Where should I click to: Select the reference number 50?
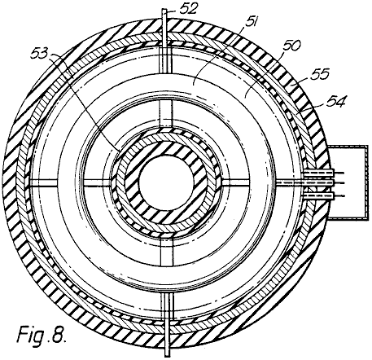pos(291,46)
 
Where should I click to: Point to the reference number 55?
pos(320,74)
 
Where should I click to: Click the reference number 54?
pos(336,102)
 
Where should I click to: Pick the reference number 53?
pos(40,53)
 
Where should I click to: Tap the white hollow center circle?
pos(166,182)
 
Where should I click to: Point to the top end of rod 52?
pos(165,10)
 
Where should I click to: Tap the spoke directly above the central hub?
pos(166,113)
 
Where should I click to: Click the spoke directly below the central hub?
pos(167,252)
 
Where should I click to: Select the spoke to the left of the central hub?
pos(97,182)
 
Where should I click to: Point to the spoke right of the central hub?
pos(235,182)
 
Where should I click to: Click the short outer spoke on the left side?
pos(44,182)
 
